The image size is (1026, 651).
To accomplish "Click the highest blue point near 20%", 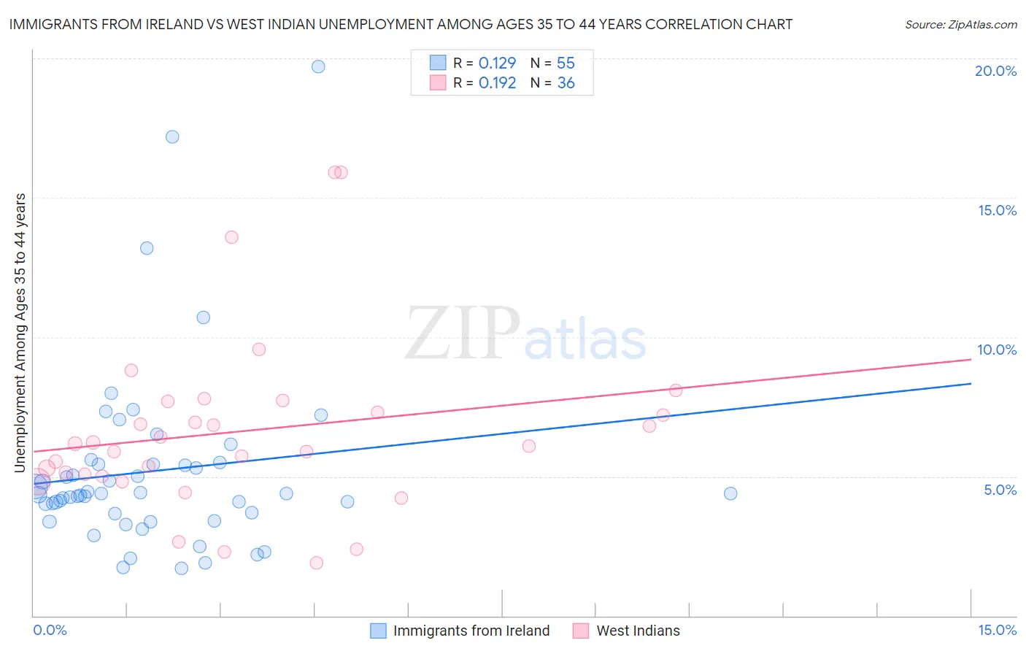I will (x=318, y=66).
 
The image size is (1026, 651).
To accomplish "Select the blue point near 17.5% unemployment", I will (x=172, y=136).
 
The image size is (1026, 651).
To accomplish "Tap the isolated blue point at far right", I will (x=730, y=493).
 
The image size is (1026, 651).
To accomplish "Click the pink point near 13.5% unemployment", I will (x=231, y=237).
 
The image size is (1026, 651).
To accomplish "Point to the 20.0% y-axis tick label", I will (x=995, y=71).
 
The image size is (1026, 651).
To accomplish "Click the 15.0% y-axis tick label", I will (x=997, y=210).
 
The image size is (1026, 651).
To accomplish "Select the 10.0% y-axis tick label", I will (x=997, y=350).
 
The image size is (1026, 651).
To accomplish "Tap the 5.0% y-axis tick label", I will (x=1000, y=490).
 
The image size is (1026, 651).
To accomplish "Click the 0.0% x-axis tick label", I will (x=50, y=630).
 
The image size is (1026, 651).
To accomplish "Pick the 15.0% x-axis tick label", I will (x=997, y=630).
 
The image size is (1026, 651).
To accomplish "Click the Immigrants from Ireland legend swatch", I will (x=378, y=631).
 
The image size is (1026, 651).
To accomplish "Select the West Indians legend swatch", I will (x=581, y=631).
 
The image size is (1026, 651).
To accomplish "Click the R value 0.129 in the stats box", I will (x=497, y=63).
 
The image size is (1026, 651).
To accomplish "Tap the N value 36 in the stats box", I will (x=566, y=83).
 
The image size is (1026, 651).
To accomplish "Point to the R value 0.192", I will (x=497, y=83).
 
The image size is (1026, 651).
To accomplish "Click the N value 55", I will (x=566, y=63).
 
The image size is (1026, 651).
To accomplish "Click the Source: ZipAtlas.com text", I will (x=960, y=25).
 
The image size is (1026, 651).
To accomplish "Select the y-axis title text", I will (x=20, y=333).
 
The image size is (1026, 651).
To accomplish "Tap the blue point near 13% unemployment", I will (x=147, y=248).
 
